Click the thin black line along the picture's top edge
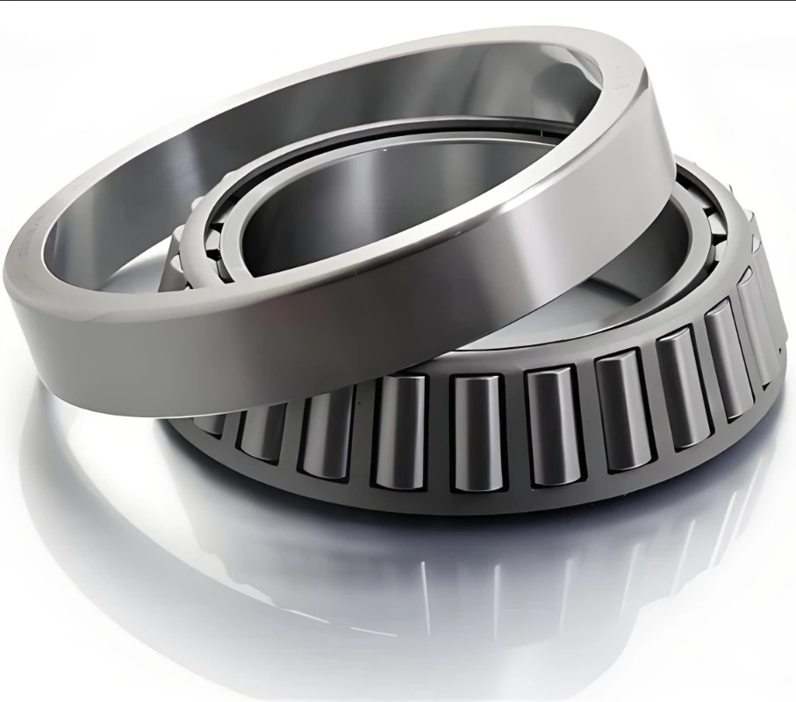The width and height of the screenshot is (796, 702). (395, 1)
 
